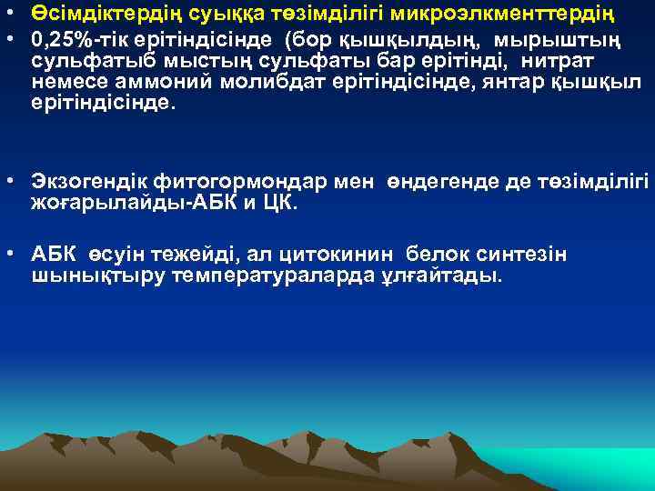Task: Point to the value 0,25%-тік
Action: coord(76,41)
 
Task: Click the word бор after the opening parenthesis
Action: coord(313,41)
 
